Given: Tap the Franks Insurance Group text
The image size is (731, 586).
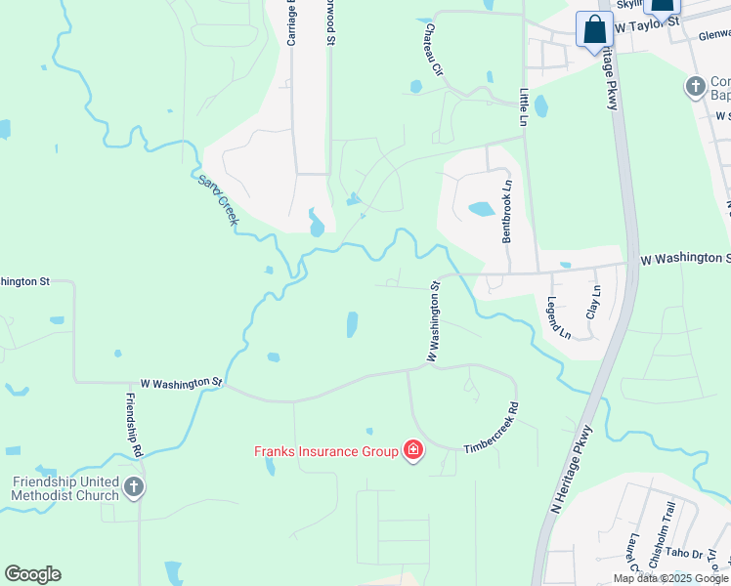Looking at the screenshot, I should pyautogui.click(x=326, y=451).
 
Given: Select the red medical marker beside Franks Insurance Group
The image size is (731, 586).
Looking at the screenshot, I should pyautogui.click(x=413, y=450).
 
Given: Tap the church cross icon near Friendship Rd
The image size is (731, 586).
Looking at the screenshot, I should pyautogui.click(x=134, y=486).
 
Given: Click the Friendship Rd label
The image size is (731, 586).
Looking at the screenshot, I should pyautogui.click(x=135, y=425).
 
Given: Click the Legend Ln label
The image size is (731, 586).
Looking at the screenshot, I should pyautogui.click(x=559, y=318).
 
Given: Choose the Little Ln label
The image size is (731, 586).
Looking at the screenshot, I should pyautogui.click(x=525, y=107).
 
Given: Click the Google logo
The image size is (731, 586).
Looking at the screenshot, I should pyautogui.click(x=32, y=574).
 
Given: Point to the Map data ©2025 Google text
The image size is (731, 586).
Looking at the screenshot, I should pyautogui.click(x=670, y=578).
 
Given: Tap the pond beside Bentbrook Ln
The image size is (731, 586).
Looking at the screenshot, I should pyautogui.click(x=481, y=208).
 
